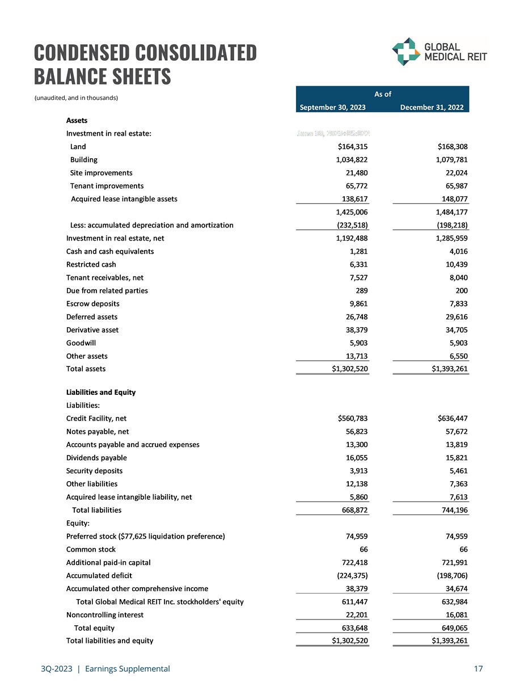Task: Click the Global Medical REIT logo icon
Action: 405,52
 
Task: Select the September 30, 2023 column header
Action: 332,107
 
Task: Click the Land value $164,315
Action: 353,147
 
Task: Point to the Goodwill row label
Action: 81,343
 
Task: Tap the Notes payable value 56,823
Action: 357,432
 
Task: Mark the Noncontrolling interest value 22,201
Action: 357,615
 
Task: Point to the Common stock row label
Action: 91,550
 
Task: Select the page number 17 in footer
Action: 478,669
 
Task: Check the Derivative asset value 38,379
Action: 357,330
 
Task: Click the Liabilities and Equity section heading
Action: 101,393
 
